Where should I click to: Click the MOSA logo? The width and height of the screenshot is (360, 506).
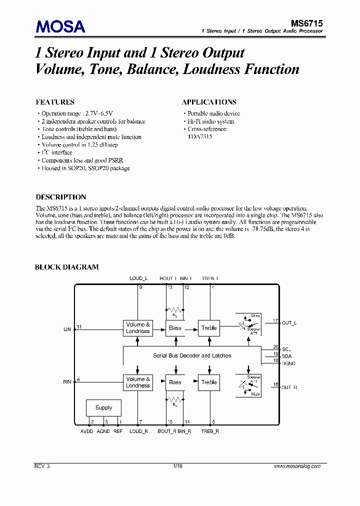[x=60, y=26]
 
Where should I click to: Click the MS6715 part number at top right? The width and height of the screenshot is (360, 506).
[x=307, y=23]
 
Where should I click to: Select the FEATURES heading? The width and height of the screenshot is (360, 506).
[x=55, y=102]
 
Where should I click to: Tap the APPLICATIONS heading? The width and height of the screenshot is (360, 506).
[x=209, y=102]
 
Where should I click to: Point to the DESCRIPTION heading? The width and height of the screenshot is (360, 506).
[x=61, y=197]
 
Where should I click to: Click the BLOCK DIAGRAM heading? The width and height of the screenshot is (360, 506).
[x=66, y=267]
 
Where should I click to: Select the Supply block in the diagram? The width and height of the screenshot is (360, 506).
[x=103, y=407]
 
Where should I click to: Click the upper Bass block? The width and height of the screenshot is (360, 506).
[x=175, y=328]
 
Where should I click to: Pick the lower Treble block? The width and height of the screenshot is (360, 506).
[x=209, y=382]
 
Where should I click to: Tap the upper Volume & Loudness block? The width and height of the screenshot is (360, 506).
[x=138, y=328]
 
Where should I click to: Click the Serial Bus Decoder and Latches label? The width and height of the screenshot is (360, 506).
[x=192, y=355]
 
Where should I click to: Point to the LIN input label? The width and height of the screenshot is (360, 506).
[x=67, y=329]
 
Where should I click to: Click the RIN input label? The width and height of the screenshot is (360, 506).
[x=67, y=382]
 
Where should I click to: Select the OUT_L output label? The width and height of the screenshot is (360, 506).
[x=289, y=323]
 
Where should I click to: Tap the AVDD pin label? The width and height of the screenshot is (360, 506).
[x=87, y=431]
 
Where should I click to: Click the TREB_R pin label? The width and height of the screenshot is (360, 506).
[x=210, y=431]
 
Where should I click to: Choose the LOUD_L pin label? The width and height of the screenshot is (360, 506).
[x=139, y=278]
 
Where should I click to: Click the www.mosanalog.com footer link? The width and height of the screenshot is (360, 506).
[x=297, y=466]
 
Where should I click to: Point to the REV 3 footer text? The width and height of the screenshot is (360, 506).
[x=42, y=466]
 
